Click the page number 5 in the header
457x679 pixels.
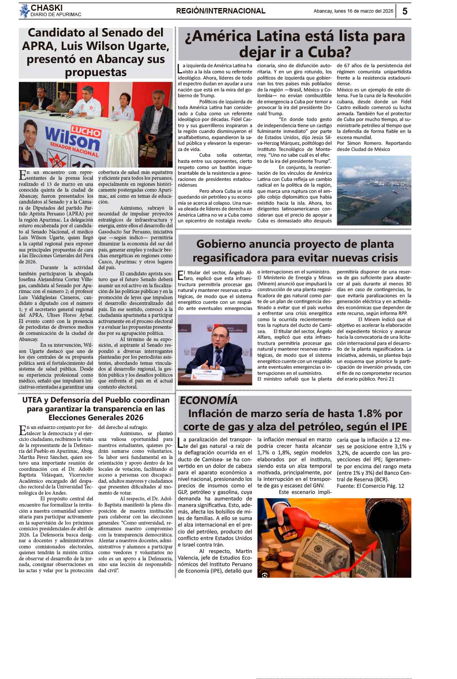[405, 11]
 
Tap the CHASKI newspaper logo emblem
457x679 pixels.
[25, 11]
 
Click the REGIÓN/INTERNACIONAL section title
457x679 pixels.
[221, 11]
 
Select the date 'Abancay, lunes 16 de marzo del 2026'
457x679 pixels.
[353, 11]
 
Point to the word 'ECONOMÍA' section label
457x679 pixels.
[209, 400]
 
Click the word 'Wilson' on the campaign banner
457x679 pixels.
[73, 141]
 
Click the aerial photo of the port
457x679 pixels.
[374, 190]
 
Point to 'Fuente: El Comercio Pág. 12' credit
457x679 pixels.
[370, 486]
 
